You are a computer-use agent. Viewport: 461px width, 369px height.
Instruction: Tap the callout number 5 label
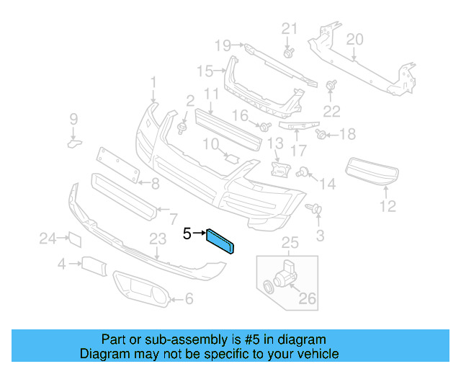pos(187,234)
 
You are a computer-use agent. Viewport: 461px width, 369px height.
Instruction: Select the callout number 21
pos(289,29)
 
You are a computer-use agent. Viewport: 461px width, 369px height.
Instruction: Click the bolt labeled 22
pos(332,86)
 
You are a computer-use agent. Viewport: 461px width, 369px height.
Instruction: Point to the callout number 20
pos(354,39)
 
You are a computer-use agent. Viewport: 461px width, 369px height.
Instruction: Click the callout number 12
pos(388,207)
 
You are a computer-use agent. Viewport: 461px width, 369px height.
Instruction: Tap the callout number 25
pos(289,241)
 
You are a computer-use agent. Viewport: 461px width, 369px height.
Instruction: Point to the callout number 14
pos(328,184)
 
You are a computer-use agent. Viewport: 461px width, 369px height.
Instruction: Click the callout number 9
pos(73,119)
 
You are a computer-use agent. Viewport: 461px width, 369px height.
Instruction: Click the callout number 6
pos(189,298)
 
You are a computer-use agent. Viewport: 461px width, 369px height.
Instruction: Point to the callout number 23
pos(158,239)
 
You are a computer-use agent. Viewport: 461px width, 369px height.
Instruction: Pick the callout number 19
pos(223,45)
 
